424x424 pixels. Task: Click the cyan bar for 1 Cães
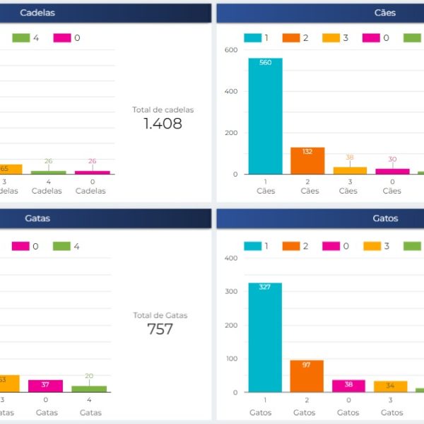click(265, 116)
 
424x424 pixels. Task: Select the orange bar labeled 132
click(307, 160)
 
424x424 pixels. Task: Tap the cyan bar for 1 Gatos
click(265, 337)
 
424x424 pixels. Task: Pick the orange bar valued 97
click(307, 376)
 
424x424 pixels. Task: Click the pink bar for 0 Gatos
click(348, 386)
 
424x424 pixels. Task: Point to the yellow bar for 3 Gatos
click(390, 387)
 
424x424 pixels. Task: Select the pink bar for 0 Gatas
click(45, 386)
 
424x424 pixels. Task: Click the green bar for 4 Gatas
click(89, 389)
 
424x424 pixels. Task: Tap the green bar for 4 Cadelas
click(48, 172)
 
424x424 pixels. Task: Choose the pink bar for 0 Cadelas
click(93, 172)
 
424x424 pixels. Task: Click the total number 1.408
click(163, 124)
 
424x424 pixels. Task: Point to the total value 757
click(160, 329)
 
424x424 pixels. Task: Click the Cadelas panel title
click(37, 13)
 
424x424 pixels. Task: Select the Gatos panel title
click(385, 218)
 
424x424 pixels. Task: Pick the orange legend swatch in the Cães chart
click(290, 38)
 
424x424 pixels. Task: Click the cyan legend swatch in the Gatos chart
click(252, 246)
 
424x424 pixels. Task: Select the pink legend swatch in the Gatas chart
click(20, 246)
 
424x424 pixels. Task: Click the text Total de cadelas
click(163, 110)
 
